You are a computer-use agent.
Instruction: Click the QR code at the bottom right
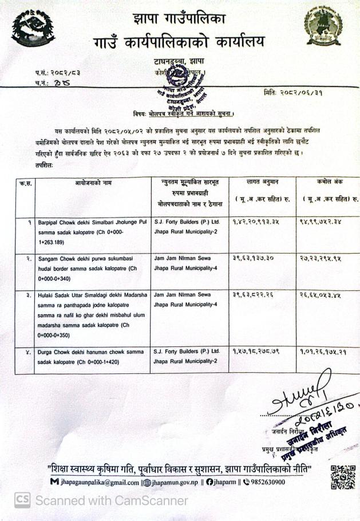point(342,476)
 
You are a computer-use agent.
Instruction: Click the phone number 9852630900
point(266,482)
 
